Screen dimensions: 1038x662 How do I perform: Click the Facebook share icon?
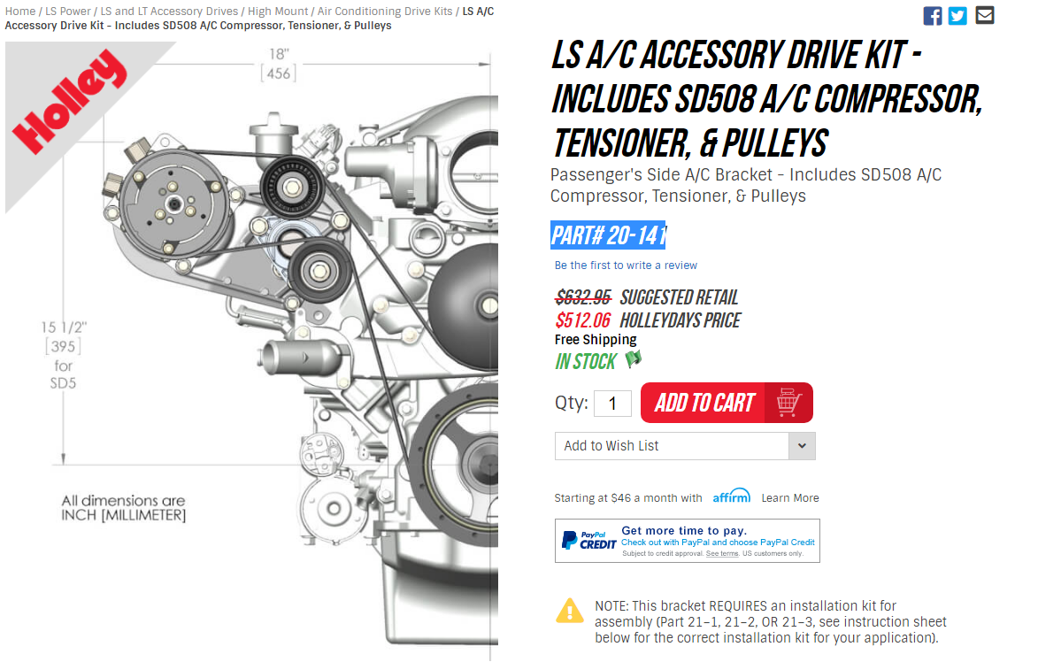(932, 16)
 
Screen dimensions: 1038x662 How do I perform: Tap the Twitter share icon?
(957, 16)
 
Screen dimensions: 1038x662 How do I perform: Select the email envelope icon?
(984, 15)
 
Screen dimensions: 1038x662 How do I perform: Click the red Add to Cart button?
(727, 403)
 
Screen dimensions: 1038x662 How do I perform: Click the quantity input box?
(612, 404)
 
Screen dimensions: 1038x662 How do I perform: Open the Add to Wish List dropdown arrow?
(802, 446)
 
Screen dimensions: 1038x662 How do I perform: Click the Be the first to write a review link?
(626, 266)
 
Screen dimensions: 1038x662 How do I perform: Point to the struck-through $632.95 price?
(583, 296)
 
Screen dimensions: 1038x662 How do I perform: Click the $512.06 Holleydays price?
(582, 320)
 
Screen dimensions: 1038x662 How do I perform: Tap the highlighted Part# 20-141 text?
(608, 235)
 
